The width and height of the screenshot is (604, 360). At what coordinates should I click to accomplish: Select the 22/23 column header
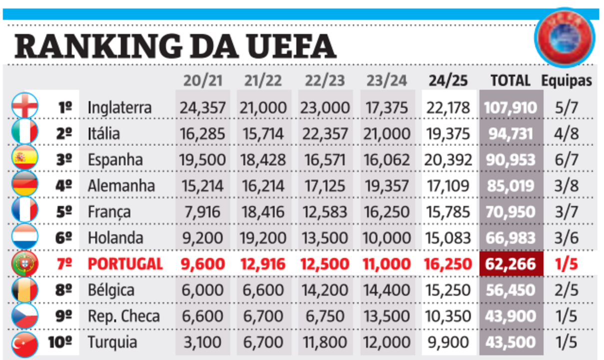pos(325,81)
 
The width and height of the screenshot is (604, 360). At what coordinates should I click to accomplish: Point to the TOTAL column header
pos(510,81)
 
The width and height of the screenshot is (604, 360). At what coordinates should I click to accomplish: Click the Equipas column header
pos(567,81)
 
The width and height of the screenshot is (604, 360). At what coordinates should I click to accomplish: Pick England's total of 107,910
pos(510,107)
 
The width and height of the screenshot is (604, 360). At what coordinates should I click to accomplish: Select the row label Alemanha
pos(121,186)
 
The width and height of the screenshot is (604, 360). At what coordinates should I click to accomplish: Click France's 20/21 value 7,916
pos(202,212)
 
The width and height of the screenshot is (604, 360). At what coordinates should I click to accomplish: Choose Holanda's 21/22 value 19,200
pos(264,238)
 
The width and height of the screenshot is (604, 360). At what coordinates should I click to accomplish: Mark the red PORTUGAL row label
pos(125,264)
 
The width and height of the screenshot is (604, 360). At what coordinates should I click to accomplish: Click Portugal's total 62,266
pos(510,264)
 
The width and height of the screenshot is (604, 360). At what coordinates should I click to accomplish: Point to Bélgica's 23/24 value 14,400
pos(387,290)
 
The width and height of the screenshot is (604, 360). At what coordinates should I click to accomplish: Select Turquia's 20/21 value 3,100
pos(202,342)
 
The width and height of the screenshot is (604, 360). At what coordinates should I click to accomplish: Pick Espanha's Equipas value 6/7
pos(566,159)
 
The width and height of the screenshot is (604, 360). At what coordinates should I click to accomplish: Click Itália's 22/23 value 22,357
pos(325,133)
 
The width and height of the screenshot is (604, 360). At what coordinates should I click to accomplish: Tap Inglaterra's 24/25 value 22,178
pos(448,107)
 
